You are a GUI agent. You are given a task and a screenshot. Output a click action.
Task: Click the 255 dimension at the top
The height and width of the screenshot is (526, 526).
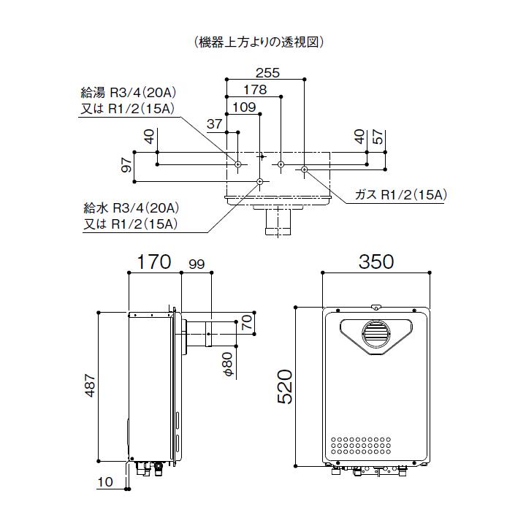click(x=268, y=72)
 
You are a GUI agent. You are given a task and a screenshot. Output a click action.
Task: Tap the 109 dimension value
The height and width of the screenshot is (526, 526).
click(x=243, y=107)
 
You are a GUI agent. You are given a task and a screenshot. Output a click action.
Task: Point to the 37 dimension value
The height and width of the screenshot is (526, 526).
click(x=214, y=124)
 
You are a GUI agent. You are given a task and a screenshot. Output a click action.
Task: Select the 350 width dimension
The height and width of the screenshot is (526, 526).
click(x=376, y=261)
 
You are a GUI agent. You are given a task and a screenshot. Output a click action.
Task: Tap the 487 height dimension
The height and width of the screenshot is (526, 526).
click(x=89, y=386)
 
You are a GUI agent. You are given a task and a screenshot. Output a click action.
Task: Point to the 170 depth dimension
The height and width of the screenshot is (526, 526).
click(x=153, y=261)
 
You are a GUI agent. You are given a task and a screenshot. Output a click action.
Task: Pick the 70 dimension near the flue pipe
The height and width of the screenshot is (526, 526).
click(x=247, y=321)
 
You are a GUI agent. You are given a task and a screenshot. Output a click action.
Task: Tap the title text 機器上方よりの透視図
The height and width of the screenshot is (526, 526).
click(x=261, y=42)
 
